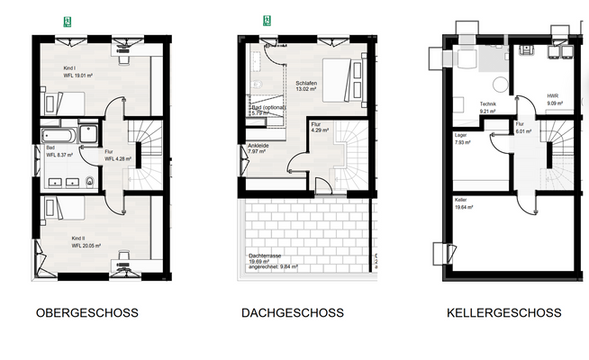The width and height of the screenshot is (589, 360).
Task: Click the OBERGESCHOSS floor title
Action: click(86, 313)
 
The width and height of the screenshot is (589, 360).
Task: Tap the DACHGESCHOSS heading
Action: click(292, 313)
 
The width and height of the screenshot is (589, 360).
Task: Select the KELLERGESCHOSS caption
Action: click(503, 313)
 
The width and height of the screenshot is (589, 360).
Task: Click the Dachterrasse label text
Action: click(267, 256)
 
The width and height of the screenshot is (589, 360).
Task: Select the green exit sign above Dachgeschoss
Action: click(267, 19)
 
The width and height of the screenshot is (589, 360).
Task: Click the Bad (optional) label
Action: click(268, 109)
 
